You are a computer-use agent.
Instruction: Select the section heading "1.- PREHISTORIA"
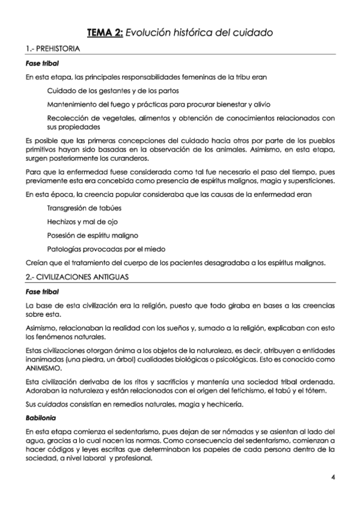coord(51,49)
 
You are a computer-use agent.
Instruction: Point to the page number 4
coord(332,478)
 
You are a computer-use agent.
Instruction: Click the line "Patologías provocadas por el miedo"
coord(106,249)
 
